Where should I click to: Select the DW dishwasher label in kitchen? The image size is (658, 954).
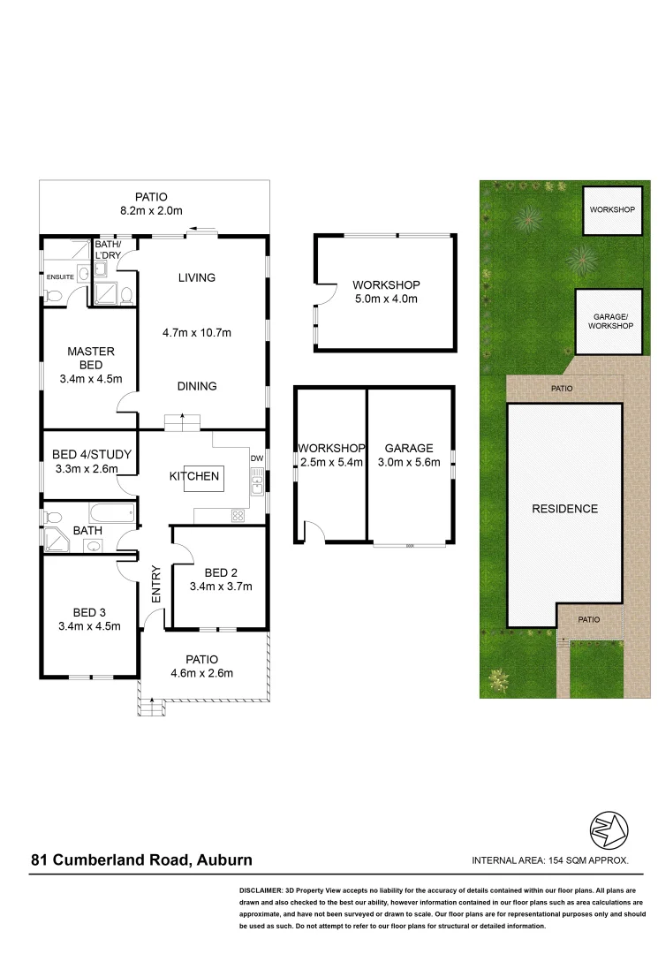(x=256, y=458)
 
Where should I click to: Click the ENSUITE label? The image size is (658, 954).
(x=61, y=276)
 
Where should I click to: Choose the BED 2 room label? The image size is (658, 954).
(x=221, y=572)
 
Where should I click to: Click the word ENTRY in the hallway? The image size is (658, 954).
(x=156, y=585)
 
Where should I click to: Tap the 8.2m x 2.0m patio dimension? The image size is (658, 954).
(x=151, y=210)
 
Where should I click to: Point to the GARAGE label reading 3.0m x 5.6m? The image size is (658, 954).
(x=408, y=448)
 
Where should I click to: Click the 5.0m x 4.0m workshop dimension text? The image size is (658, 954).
(x=386, y=299)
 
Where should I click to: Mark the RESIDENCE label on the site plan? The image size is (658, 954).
(x=564, y=509)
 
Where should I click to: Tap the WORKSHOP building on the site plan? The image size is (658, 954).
(x=613, y=210)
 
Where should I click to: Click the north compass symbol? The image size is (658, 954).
(x=609, y=829)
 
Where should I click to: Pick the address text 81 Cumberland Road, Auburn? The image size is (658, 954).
(x=142, y=859)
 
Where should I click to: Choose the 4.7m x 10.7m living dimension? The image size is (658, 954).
(x=196, y=333)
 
